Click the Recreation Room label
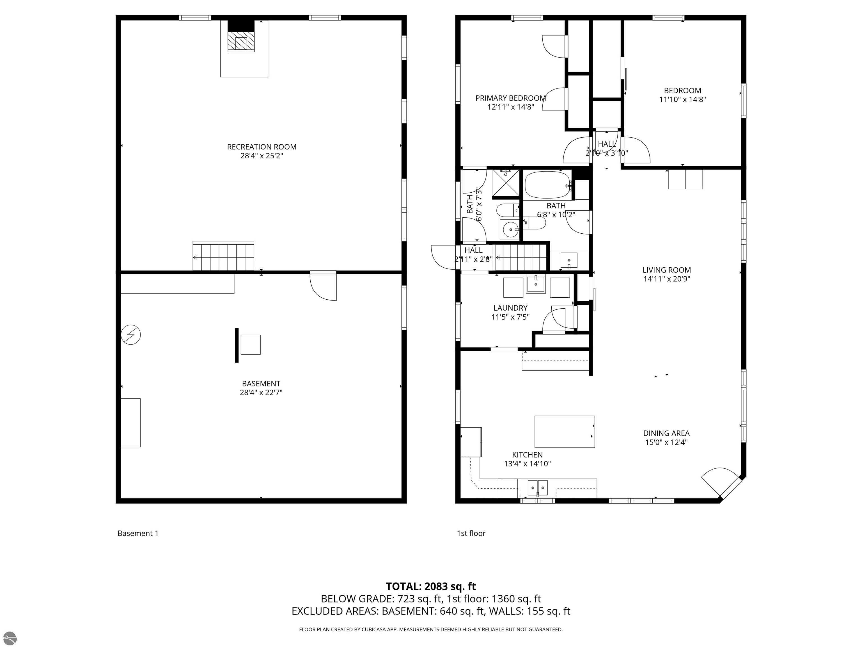(x=262, y=147)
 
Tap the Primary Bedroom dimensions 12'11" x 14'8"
(x=510, y=107)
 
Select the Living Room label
(x=667, y=270)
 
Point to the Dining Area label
(x=666, y=433)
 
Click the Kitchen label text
(x=527, y=455)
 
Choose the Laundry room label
(x=510, y=308)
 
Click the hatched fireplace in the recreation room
(x=241, y=41)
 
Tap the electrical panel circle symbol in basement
(x=131, y=335)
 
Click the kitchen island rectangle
(x=565, y=432)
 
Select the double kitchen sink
(x=538, y=488)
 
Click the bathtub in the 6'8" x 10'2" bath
(x=547, y=185)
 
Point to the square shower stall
(x=506, y=183)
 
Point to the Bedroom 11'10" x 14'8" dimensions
(x=683, y=99)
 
